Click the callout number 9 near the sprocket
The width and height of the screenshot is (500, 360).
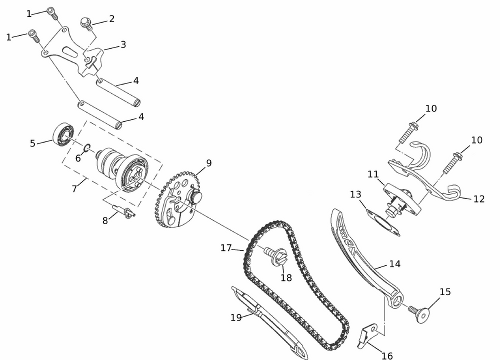209,163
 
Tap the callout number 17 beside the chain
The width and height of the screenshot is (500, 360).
226,248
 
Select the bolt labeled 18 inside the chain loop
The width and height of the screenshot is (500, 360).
276,255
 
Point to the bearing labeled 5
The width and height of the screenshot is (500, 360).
63,134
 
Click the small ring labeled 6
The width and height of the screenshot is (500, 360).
86,148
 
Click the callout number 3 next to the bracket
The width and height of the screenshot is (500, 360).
123,44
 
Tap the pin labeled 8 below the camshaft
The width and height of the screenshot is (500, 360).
123,211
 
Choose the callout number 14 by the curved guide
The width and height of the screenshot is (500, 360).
395,264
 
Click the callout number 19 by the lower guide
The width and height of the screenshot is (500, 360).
236,317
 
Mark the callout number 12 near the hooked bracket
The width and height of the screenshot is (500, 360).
479,199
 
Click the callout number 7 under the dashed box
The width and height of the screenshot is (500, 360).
74,189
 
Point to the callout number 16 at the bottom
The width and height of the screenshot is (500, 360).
387,355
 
